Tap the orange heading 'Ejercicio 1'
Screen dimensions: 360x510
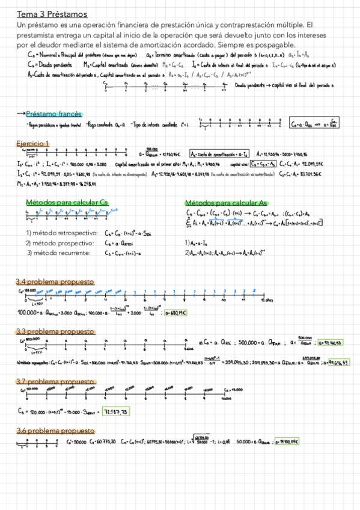coord(34,144)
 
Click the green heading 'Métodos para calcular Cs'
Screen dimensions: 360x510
coord(67,202)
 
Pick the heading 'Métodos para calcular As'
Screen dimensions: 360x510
coord(227,203)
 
